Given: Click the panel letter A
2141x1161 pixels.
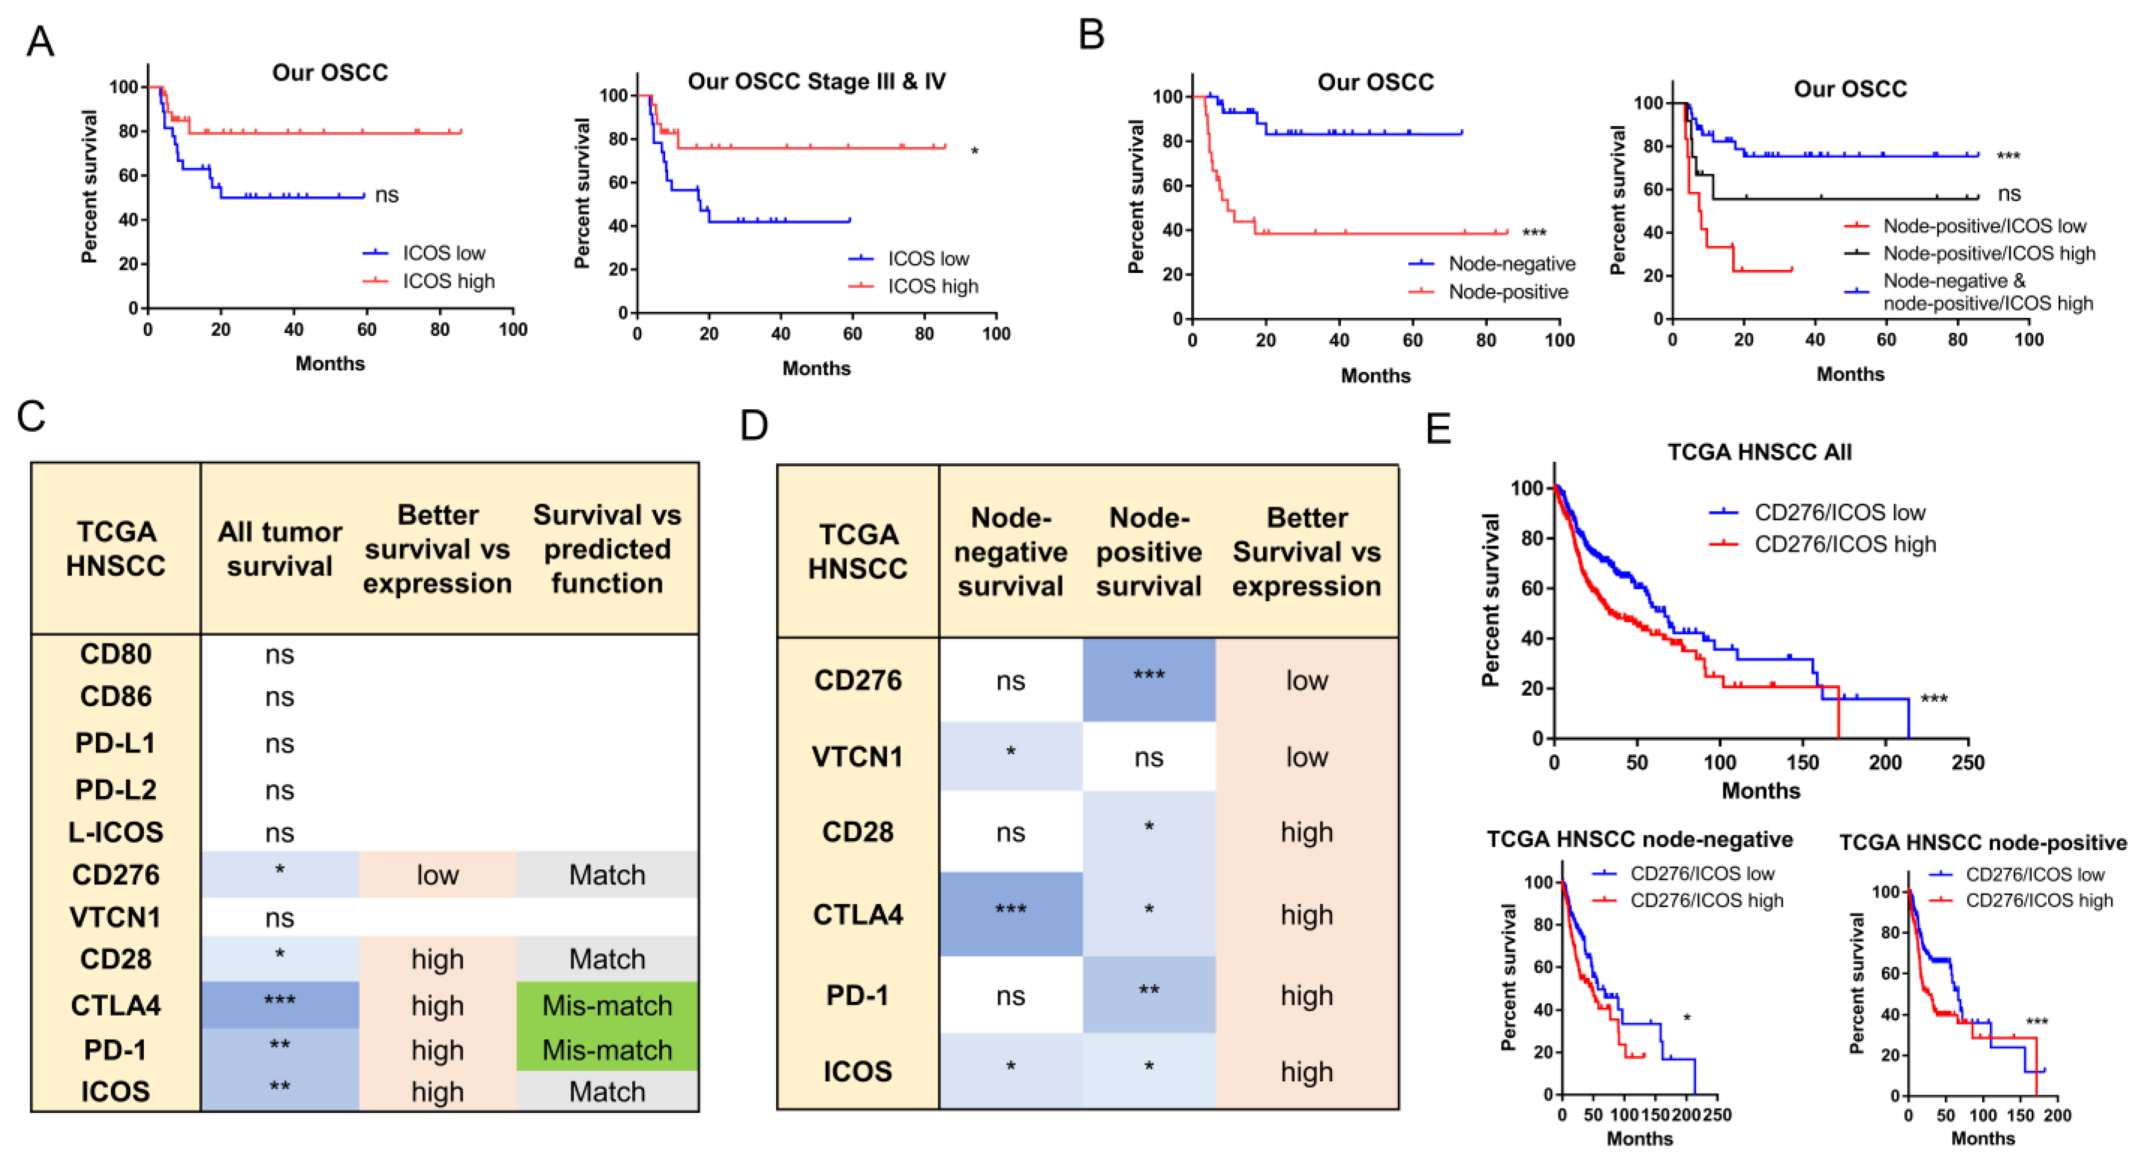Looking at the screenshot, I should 40,41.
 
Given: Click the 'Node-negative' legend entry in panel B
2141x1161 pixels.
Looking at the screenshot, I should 1511,264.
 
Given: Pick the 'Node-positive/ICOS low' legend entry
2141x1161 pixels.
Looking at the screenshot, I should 1984,226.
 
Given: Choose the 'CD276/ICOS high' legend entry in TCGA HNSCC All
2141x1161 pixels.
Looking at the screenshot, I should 1844,545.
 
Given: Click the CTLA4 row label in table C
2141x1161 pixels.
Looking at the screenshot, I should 115,1006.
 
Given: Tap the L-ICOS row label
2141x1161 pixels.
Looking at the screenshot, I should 115,832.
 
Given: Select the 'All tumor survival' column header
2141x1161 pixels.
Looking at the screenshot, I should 279,549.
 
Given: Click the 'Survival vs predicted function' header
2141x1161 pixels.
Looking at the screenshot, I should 607,549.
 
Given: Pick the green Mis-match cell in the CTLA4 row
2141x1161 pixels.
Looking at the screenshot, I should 607,1006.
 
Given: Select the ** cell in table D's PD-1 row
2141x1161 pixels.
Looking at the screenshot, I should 1149,994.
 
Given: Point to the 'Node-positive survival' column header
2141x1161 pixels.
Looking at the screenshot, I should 1149,552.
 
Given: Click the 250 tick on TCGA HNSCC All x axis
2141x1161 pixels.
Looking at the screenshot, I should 1967,762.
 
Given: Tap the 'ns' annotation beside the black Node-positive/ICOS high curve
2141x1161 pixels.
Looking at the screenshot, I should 2008,195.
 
